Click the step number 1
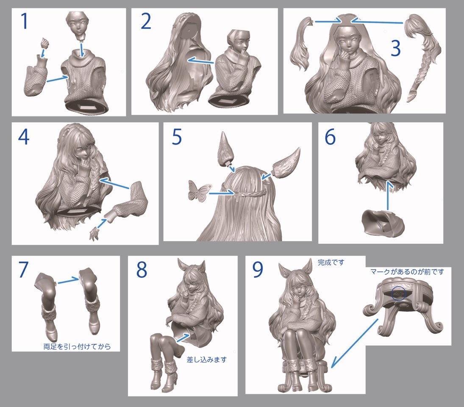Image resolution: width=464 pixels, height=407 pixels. (25, 21)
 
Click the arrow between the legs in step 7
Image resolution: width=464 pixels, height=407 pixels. (69, 280)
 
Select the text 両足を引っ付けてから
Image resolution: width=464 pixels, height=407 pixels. (77, 346)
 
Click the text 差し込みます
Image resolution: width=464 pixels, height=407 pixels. (206, 360)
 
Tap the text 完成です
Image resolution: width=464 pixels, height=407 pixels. (331, 262)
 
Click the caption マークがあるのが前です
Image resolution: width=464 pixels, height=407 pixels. (407, 272)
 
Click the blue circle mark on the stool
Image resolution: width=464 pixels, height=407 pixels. (398, 294)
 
